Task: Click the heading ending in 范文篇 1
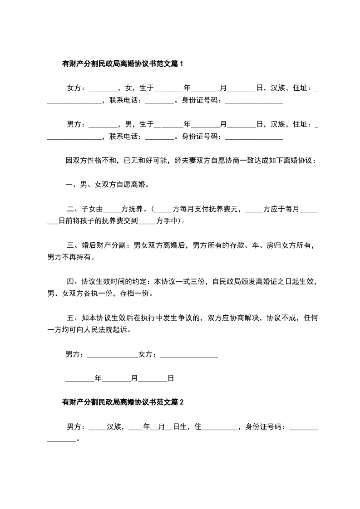[x=122, y=64]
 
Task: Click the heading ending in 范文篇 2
[x=122, y=402]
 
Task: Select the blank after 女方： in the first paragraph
[x=103, y=88]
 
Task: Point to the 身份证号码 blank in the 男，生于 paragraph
[x=254, y=136]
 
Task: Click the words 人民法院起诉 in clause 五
[x=109, y=330]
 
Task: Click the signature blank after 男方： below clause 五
[x=112, y=354]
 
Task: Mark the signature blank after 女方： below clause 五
[x=189, y=354]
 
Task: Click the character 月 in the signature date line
[x=134, y=377]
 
